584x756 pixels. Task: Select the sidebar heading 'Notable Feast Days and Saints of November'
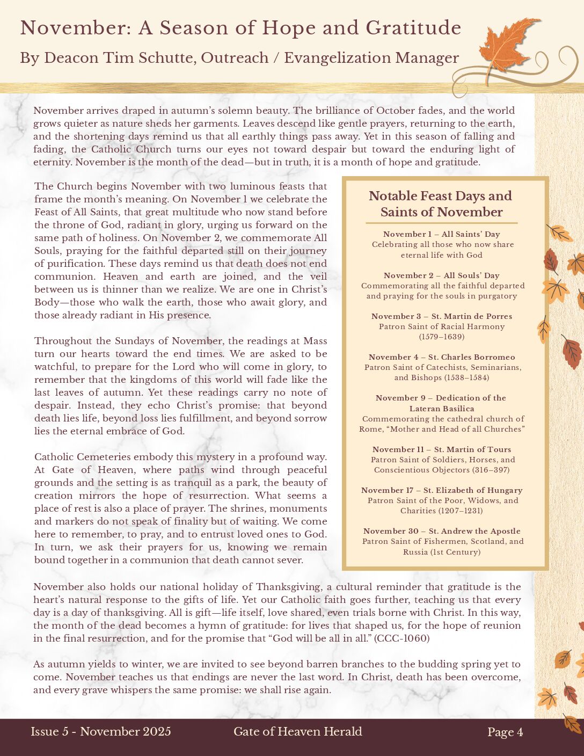pos(441,204)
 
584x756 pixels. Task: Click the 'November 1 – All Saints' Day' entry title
pos(441,234)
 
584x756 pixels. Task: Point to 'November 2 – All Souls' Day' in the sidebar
pos(441,275)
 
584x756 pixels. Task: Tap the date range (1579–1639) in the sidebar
pos(441,337)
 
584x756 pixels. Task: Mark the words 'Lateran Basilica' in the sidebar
pos(441,409)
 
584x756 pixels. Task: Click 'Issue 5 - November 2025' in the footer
pos(101,731)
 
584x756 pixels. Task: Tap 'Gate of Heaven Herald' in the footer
pos(298,731)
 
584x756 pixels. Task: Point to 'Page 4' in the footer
pos(505,732)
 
